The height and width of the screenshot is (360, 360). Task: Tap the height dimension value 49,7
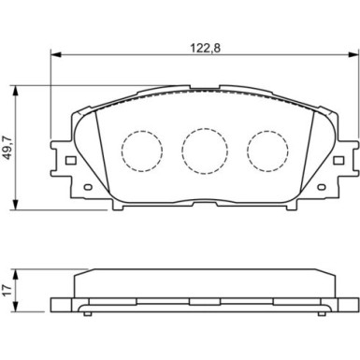(8, 147)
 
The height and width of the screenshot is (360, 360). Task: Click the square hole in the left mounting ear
(68, 160)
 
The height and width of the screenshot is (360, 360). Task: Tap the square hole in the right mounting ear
(338, 160)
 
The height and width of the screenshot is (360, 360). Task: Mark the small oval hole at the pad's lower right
(319, 186)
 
